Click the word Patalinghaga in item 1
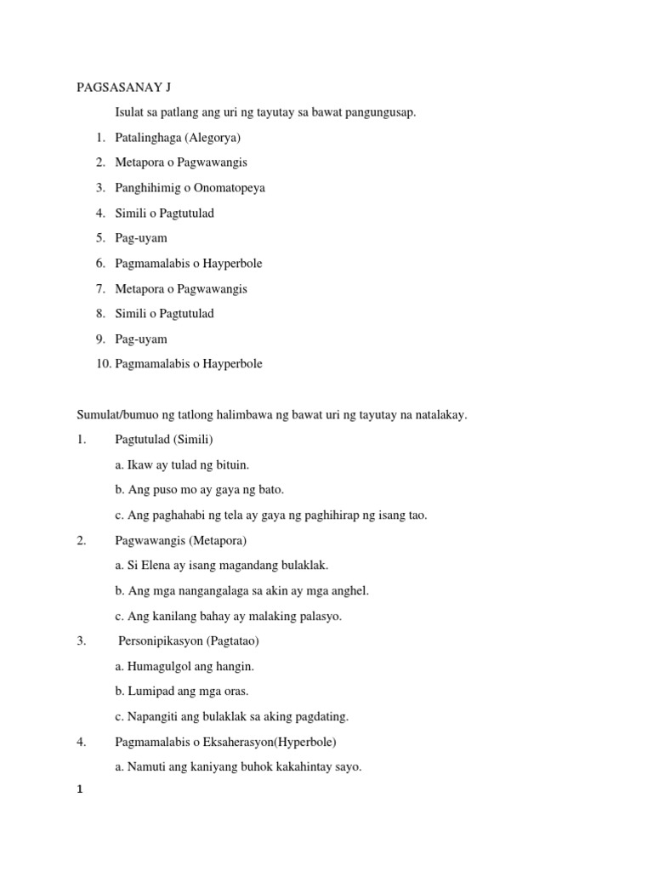[x=149, y=137]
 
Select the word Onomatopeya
[x=224, y=187]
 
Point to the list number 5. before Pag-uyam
[x=100, y=238]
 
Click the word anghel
[x=351, y=590]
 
